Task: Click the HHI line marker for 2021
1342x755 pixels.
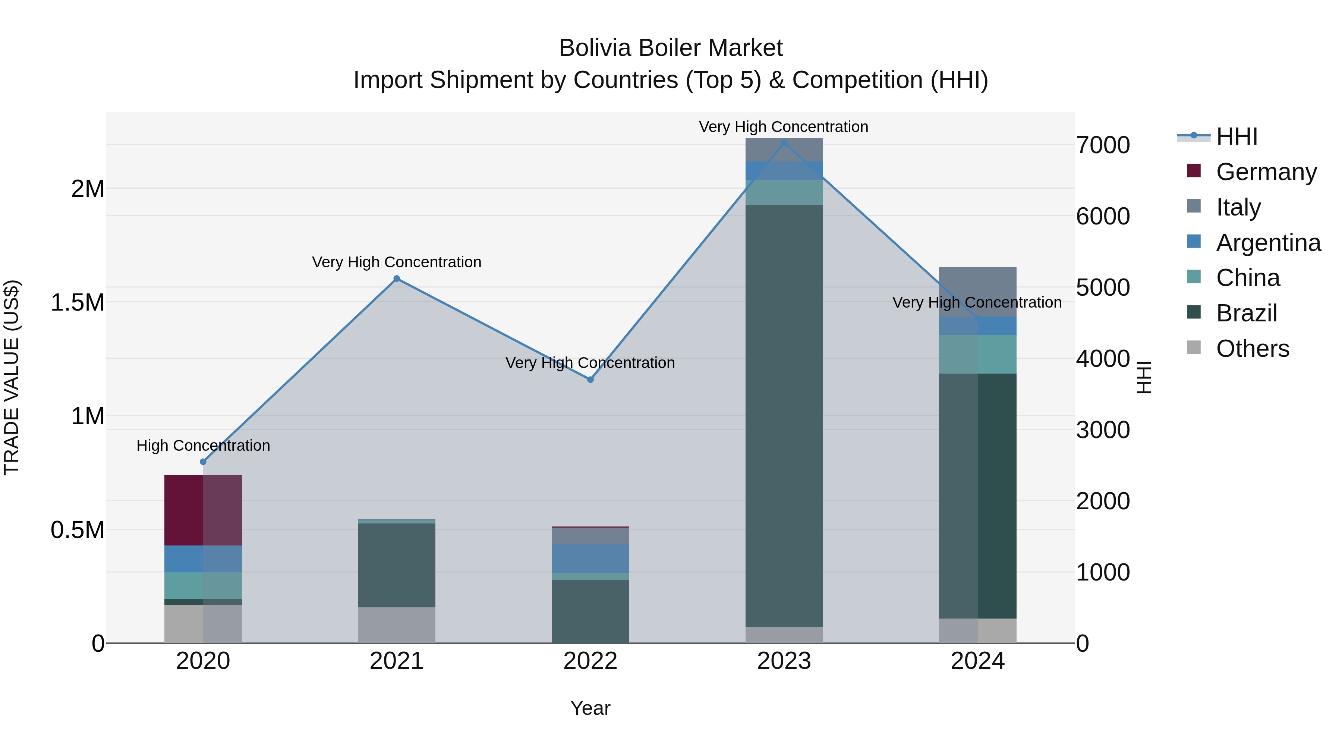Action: pos(397,279)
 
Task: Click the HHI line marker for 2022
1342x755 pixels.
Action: pos(590,380)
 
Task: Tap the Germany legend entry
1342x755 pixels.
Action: pos(1266,172)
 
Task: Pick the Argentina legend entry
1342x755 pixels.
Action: pos(1268,242)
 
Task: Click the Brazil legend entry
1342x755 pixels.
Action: pos(1246,313)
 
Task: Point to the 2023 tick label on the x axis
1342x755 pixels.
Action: pos(784,661)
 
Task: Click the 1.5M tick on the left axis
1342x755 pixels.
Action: pos(78,302)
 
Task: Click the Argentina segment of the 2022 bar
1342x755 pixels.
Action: pos(590,559)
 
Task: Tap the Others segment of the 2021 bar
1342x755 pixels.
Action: pos(397,625)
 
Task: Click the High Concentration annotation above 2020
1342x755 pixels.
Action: pos(203,446)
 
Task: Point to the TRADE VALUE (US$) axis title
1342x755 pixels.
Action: pos(12,377)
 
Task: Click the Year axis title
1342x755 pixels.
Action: pos(590,708)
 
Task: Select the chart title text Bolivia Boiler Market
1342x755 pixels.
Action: pos(671,48)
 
